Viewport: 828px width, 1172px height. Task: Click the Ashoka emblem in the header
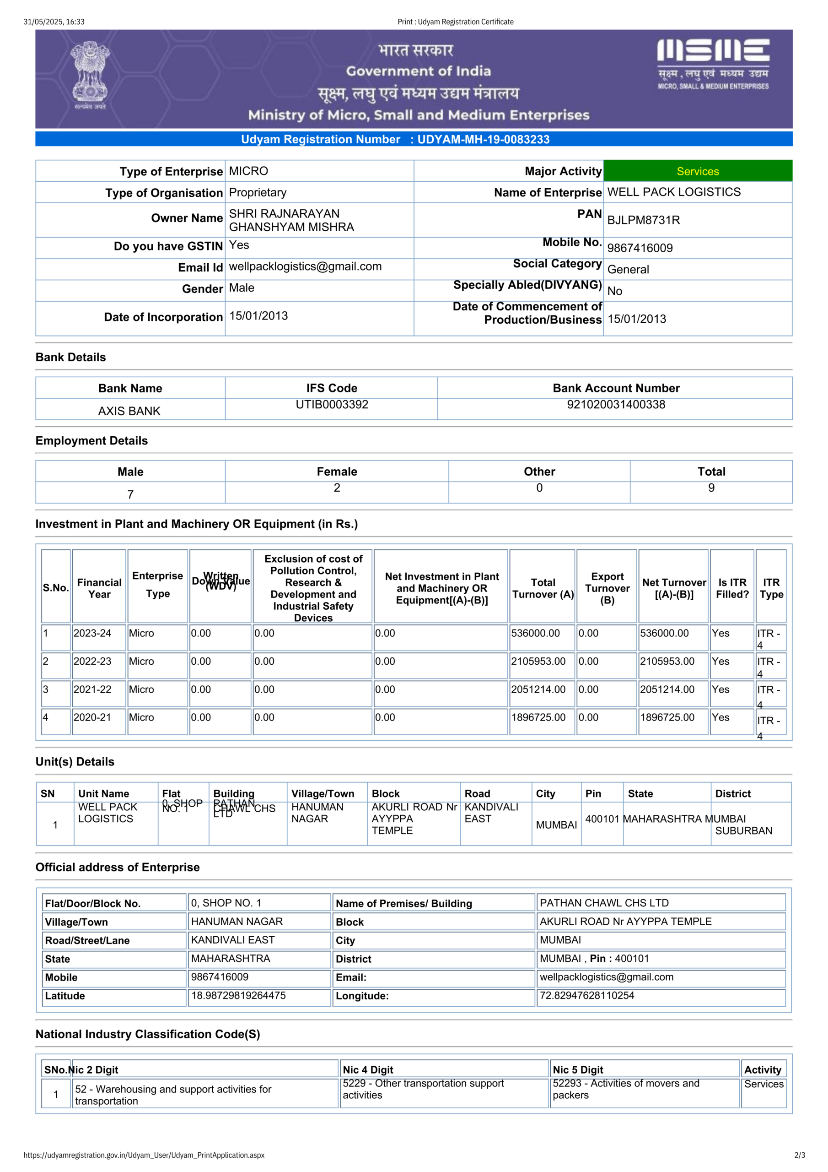pos(90,75)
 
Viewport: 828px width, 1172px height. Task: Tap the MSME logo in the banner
pos(713,64)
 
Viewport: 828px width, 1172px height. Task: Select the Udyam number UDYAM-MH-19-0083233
pos(483,139)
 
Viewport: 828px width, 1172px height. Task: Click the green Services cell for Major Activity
pos(698,172)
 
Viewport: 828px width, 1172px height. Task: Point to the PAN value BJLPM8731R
pos(643,220)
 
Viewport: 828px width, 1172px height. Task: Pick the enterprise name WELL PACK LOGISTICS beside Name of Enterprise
pos(673,192)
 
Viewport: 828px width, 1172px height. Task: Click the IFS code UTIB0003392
pos(332,405)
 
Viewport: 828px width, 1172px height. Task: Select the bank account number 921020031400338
pos(616,405)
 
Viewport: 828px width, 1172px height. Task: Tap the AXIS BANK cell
pos(129,411)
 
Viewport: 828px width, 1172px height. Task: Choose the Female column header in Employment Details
pos(337,472)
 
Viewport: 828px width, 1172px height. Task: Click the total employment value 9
pos(711,488)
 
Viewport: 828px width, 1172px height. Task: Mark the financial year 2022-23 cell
pos(92,662)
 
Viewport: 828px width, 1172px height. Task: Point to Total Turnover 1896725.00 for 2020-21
pos(538,718)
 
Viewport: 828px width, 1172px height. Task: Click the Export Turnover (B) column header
pos(607,588)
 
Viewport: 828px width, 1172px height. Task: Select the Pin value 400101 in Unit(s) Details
pos(602,819)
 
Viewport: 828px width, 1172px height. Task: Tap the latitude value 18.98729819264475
pos(238,995)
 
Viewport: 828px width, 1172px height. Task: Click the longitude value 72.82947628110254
pos(587,995)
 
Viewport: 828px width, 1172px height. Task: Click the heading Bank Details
pos(71,357)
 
